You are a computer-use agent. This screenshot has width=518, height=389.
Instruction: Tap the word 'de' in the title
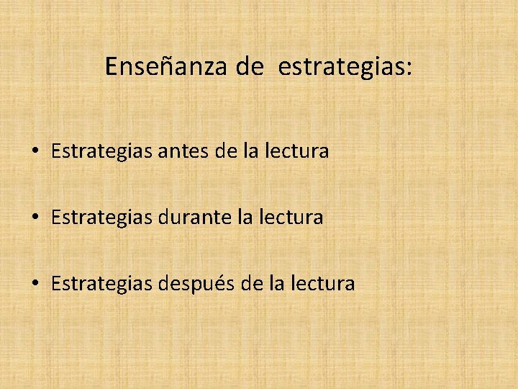pos(250,67)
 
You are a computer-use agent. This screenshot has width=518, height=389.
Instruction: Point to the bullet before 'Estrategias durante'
pos(35,218)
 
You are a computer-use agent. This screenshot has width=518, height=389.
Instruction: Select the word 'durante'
pos(194,217)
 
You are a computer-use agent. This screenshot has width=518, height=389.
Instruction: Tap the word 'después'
pos(198,284)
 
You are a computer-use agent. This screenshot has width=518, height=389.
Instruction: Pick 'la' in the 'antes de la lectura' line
pos(253,152)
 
